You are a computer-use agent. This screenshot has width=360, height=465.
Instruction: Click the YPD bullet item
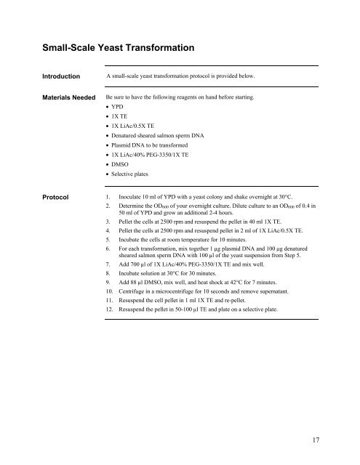118,105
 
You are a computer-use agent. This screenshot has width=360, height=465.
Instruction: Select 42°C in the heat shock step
241,278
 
